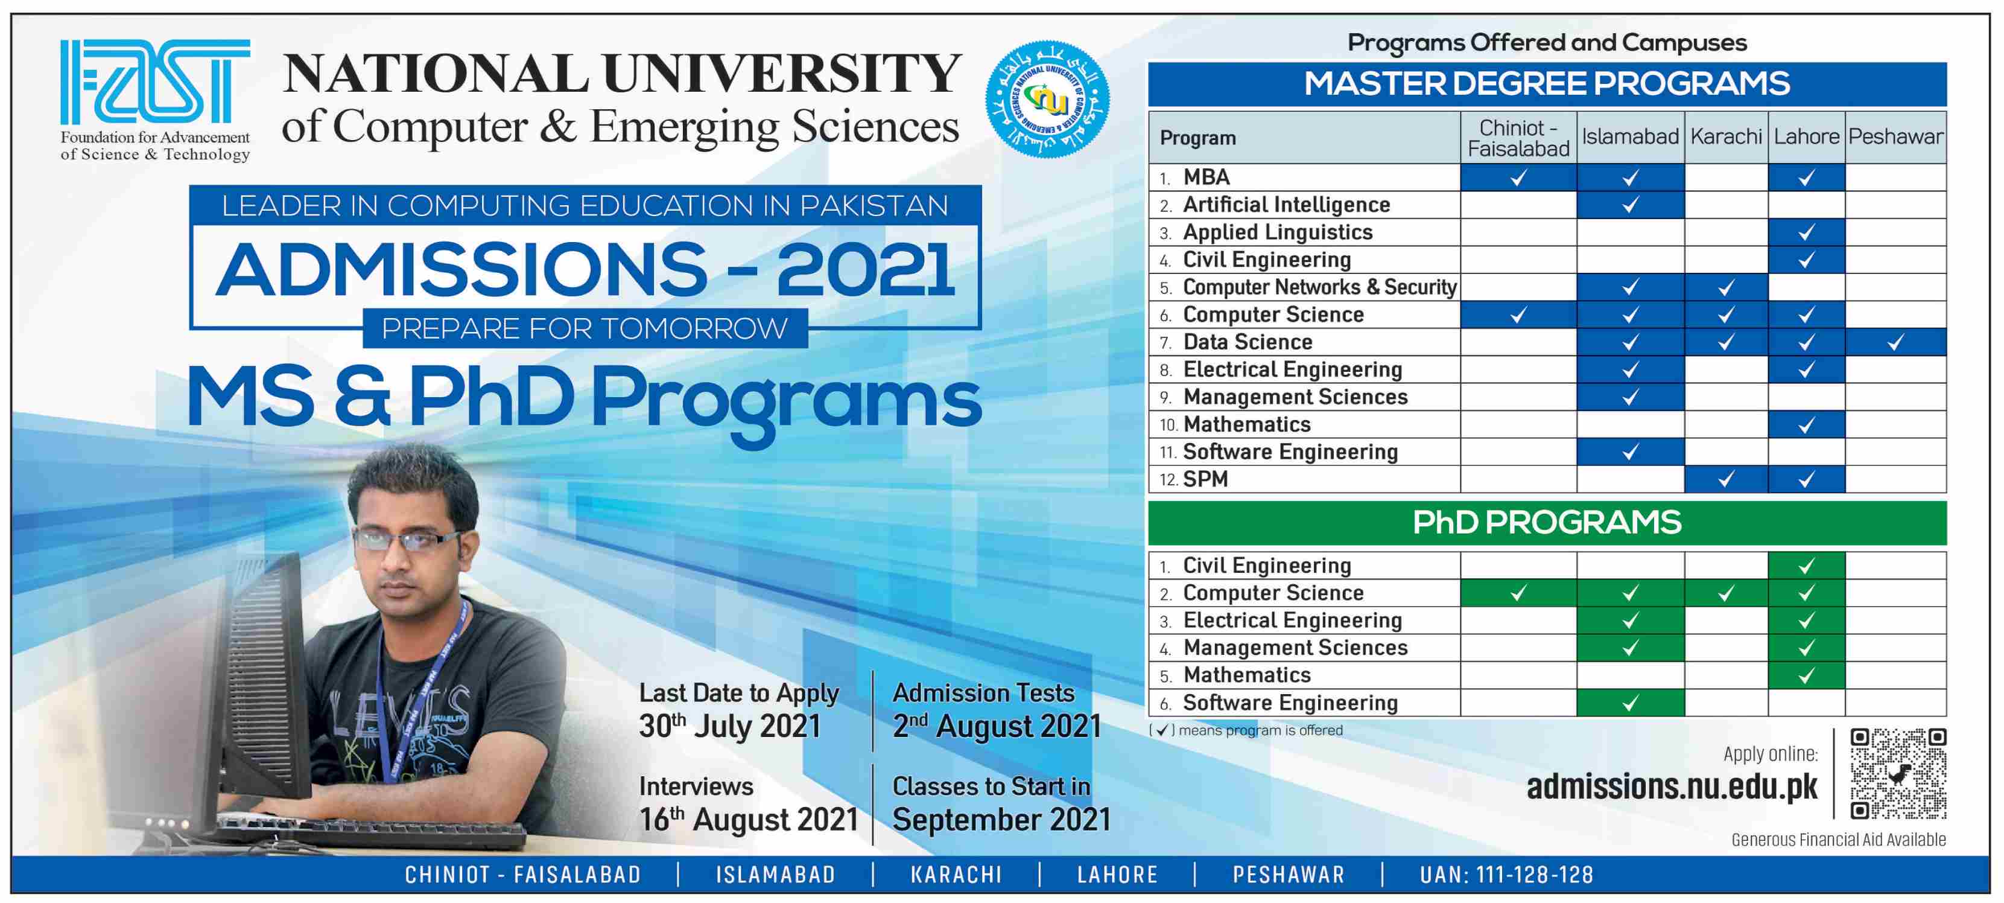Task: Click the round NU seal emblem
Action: click(1047, 100)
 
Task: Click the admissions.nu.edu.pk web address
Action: click(1672, 787)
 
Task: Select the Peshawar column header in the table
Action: click(1895, 137)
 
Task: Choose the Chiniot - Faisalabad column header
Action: click(1518, 138)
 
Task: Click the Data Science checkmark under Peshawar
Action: click(1895, 342)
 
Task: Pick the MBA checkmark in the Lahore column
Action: click(1806, 177)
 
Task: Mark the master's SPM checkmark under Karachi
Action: click(1725, 479)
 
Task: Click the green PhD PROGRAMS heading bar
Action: click(1547, 522)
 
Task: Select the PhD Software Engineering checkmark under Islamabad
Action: click(1630, 703)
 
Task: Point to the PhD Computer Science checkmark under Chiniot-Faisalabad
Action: click(1518, 593)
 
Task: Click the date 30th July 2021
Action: click(730, 726)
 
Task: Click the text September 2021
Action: click(1001, 819)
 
